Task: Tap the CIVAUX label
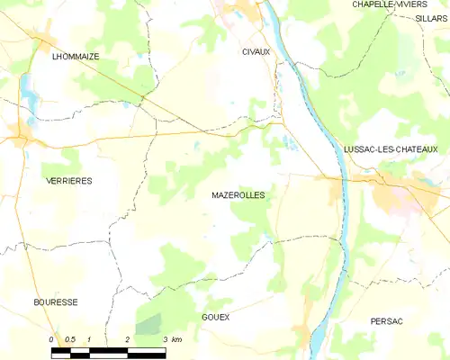point(256,52)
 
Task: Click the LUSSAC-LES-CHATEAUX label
point(391,149)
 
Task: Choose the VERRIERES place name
point(68,180)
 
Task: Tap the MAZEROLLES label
point(238,194)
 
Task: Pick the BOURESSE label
point(55,302)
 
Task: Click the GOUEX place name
point(216,317)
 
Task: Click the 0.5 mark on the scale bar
point(70,338)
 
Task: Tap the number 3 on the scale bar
point(166,338)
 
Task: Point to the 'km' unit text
point(177,338)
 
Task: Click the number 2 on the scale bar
point(128,338)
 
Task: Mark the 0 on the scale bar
point(52,338)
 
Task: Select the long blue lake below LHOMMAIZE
point(24,90)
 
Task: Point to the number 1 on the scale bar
point(90,338)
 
